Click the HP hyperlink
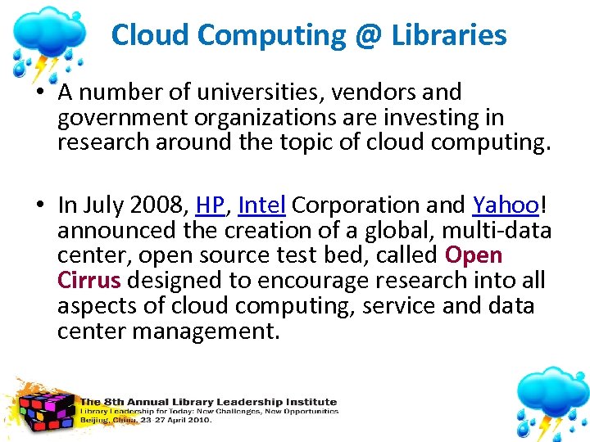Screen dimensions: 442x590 click(x=211, y=205)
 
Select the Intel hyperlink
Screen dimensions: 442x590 click(x=262, y=205)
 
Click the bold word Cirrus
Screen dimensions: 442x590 click(x=88, y=281)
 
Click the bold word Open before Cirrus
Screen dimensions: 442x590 click(x=473, y=255)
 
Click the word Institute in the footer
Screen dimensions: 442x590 click(x=310, y=402)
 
